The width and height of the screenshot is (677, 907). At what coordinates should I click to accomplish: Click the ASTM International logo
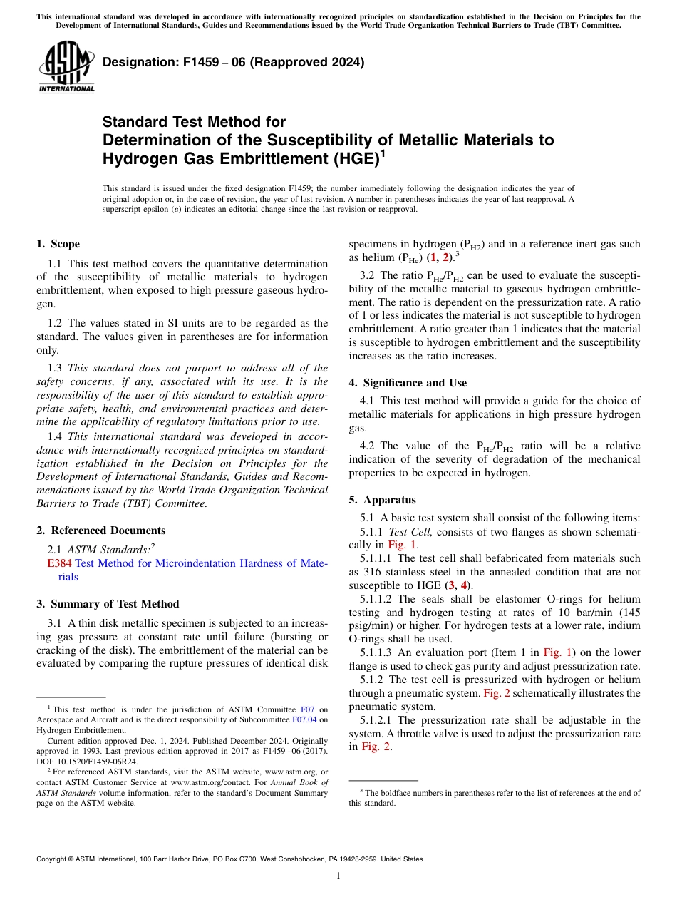click(x=66, y=66)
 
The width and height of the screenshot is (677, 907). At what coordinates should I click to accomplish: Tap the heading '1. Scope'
click(x=58, y=244)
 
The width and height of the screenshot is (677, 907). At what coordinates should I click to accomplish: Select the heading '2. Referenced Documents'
click(x=101, y=531)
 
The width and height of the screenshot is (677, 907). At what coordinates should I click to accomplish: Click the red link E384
click(x=59, y=563)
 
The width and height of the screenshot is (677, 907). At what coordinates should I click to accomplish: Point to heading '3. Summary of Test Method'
click(x=108, y=604)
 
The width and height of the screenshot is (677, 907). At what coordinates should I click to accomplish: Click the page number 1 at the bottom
click(x=338, y=876)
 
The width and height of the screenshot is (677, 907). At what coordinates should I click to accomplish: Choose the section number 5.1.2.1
click(x=378, y=720)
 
